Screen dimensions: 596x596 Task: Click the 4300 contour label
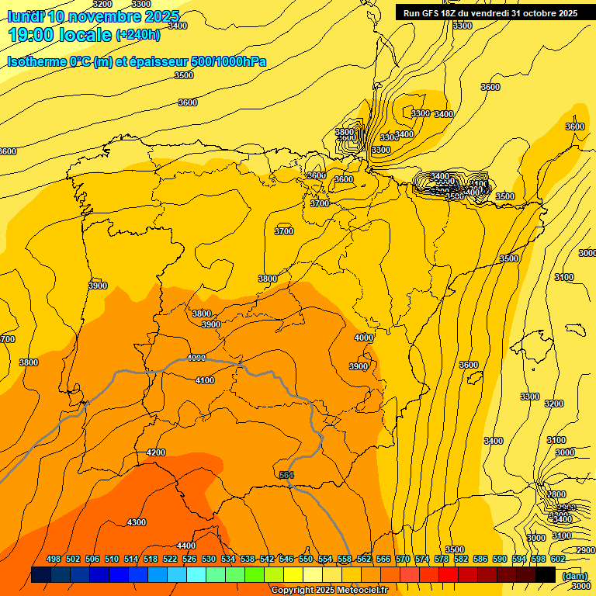137,522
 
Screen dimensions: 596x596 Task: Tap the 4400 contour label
186,546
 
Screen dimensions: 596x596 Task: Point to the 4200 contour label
156,452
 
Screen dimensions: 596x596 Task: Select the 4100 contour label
205,380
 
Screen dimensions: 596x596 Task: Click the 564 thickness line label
286,475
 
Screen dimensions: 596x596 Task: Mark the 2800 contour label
556,494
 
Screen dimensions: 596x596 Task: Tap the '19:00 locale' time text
60,35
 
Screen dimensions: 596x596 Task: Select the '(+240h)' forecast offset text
138,35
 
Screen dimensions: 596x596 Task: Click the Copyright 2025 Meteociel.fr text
329,591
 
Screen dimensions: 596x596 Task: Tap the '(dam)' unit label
574,576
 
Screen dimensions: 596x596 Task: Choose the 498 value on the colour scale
54,559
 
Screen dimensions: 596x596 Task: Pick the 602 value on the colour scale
558,559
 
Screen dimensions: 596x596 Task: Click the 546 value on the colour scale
286,559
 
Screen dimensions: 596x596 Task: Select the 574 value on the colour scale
422,559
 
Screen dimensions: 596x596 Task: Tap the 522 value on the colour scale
170,559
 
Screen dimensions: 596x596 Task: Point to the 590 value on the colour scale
500,559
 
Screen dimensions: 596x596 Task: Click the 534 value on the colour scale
228,559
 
